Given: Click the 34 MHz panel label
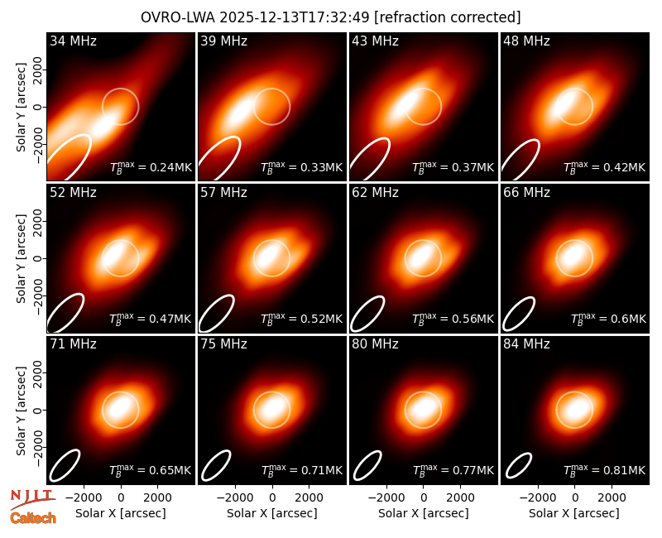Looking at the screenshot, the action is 73,41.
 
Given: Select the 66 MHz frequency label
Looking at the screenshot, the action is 526,193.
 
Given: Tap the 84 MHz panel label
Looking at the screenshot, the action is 526,344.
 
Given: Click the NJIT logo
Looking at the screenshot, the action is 33,499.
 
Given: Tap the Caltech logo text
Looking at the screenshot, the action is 33,518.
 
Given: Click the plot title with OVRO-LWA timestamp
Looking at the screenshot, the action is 330,17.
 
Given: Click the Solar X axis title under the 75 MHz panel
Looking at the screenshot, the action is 272,513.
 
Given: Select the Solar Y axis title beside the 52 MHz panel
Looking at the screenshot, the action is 21,258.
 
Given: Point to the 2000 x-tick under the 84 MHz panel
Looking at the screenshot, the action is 612,497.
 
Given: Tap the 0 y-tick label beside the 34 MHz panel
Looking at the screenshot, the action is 39,108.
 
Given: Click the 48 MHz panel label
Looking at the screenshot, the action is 526,41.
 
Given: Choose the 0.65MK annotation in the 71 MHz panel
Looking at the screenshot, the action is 151,470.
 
